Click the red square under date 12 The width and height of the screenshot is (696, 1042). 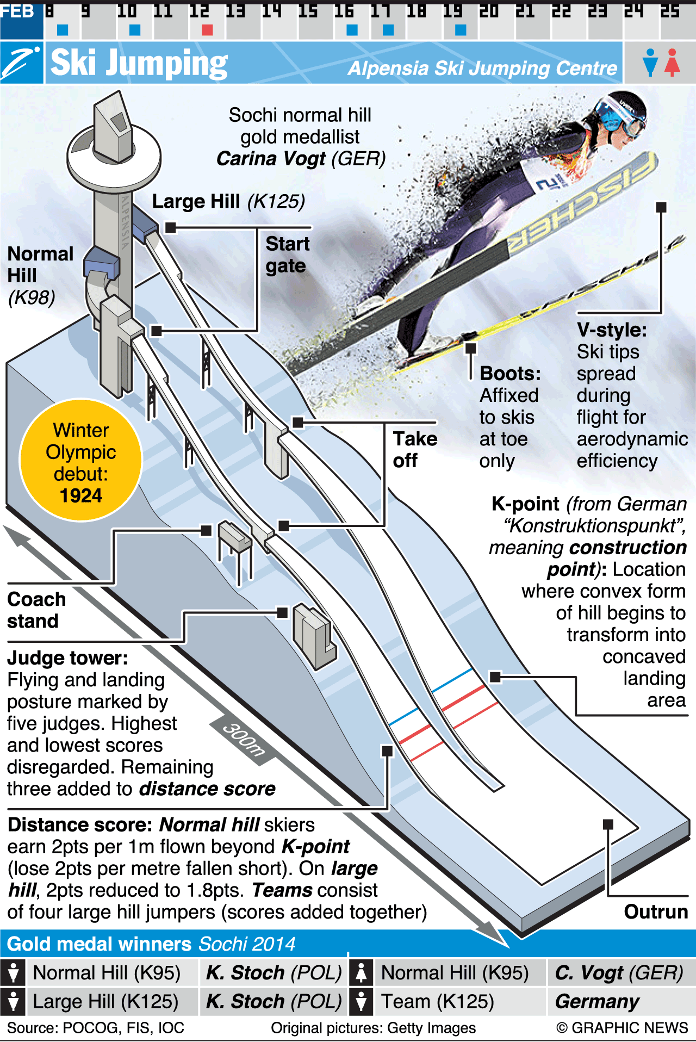207,30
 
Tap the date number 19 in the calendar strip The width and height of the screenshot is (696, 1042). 452,11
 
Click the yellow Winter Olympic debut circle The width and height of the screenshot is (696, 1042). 80,460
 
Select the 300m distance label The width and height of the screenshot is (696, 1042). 244,740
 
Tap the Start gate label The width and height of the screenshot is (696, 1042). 287,255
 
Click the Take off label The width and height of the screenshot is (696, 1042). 415,449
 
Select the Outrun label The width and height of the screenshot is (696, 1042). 655,911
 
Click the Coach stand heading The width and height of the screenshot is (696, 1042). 36,610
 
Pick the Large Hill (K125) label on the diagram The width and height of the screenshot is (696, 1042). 228,201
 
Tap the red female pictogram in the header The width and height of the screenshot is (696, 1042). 673,62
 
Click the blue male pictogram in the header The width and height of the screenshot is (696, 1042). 650,62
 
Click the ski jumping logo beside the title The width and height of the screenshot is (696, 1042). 22,63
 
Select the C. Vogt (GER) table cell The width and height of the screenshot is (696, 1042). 619,972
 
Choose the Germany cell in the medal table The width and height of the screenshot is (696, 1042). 597,1001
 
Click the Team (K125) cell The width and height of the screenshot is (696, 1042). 437,1001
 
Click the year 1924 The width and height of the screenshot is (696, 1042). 81,495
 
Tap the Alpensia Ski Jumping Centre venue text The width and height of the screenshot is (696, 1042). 482,69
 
